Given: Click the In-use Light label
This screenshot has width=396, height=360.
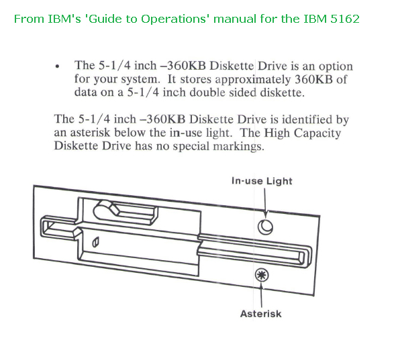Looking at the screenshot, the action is pos(262,182).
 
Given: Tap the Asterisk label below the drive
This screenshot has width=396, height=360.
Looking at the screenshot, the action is pos(261,314).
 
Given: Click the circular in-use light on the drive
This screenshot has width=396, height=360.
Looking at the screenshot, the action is pos(265,227).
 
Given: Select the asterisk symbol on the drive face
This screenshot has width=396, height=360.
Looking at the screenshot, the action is pos(262,275).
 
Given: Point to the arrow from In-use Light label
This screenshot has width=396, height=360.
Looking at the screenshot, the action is pos(265,202).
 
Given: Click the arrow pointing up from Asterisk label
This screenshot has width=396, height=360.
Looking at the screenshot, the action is pos(261,295).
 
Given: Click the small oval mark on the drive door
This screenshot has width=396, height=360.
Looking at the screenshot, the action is pos(95,243).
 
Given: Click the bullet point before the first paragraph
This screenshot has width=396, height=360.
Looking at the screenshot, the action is pos(57,66).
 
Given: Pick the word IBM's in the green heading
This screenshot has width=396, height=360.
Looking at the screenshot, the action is pos(64,19).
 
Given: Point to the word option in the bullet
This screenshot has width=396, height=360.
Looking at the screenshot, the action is pos(336,67).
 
